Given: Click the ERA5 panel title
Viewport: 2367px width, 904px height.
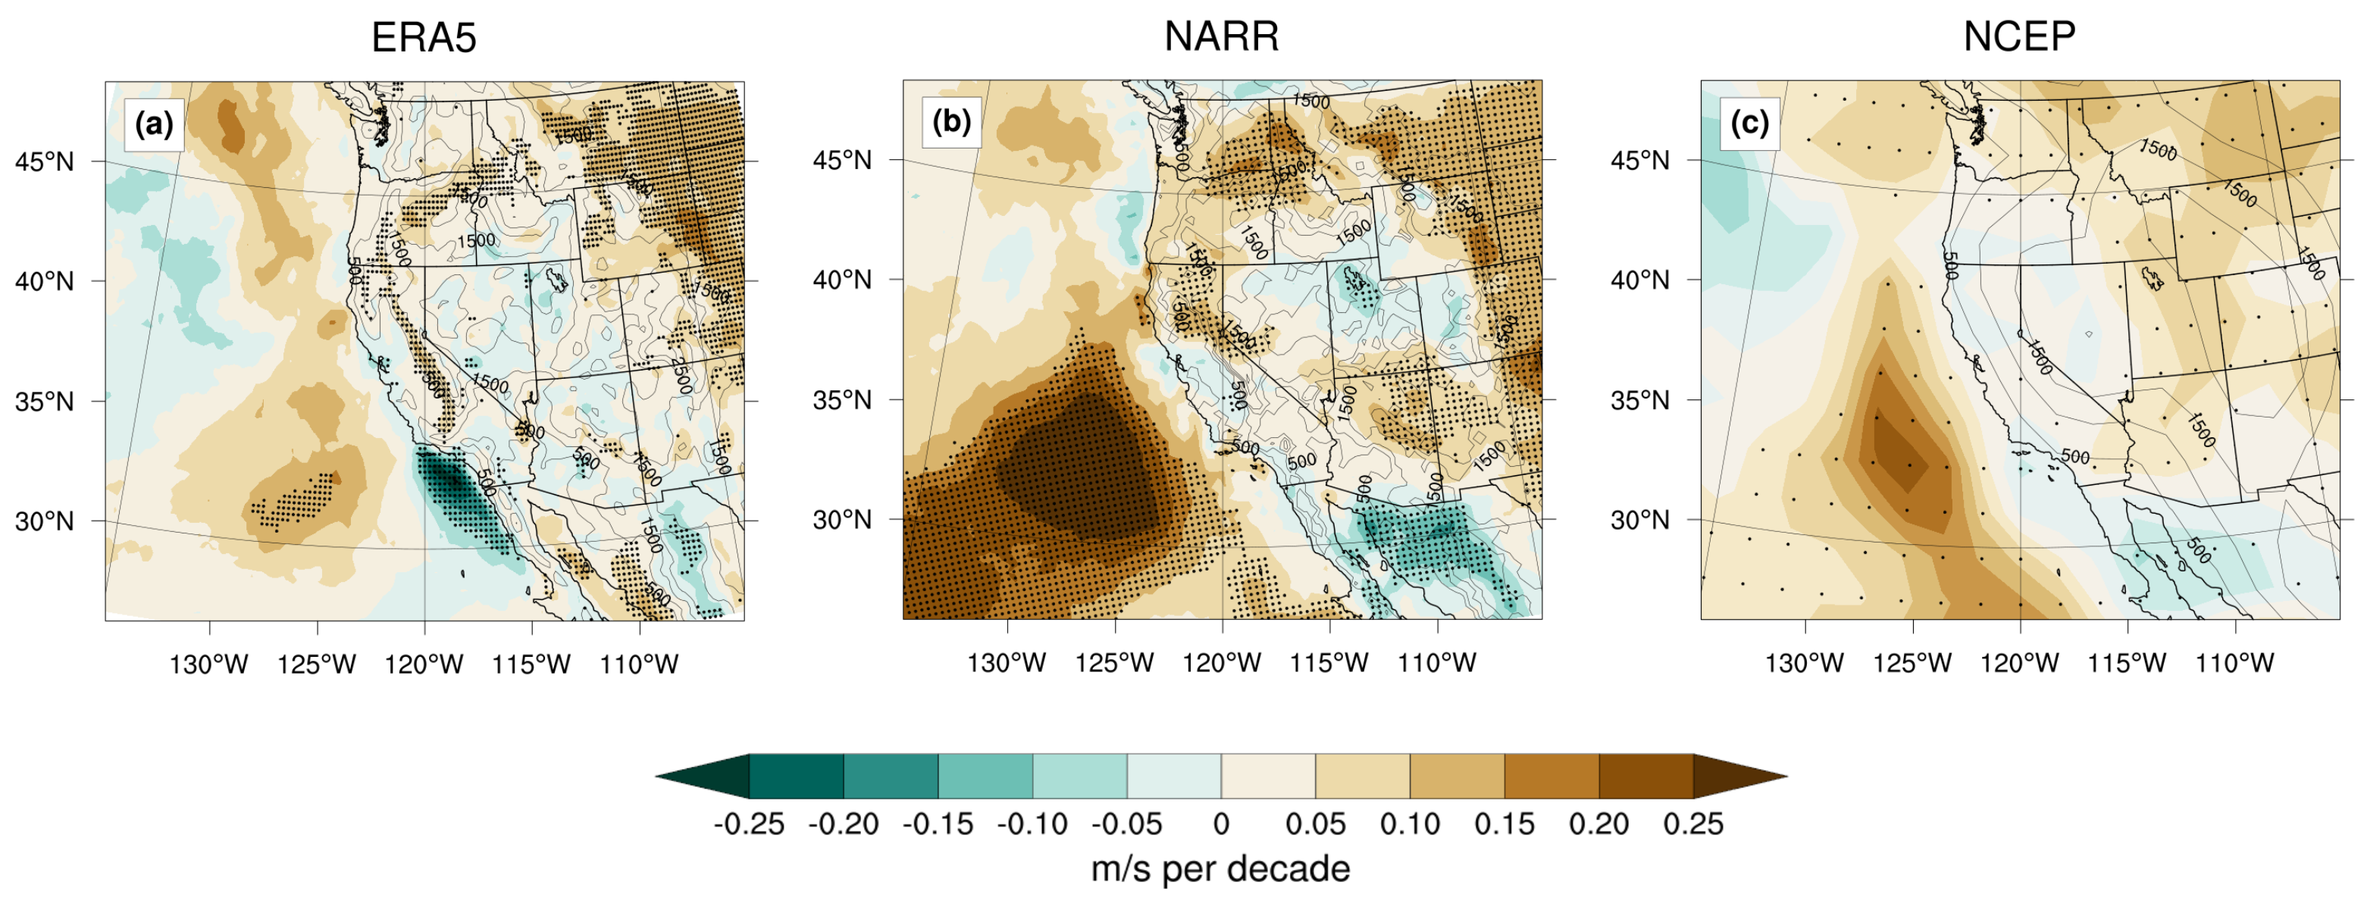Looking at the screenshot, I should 424,38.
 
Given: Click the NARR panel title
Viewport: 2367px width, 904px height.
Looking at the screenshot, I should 1221,36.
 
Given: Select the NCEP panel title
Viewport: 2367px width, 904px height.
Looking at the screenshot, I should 2019,36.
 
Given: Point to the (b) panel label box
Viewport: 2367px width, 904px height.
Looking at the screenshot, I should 952,122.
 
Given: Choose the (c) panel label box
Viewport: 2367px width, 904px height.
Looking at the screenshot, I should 1749,122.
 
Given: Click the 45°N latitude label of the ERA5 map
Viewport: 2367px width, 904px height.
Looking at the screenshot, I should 44,161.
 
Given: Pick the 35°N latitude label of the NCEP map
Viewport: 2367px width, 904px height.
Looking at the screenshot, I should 1639,401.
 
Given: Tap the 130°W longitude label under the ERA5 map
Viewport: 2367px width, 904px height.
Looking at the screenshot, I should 208,665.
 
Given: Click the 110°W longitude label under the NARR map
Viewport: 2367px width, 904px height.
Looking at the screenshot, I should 1436,662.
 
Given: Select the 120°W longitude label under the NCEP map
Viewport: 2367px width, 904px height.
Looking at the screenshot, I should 2019,662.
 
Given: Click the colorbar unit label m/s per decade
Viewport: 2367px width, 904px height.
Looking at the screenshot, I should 1220,869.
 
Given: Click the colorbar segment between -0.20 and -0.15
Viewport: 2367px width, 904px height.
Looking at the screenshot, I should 891,776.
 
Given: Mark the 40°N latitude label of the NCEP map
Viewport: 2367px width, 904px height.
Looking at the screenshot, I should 1639,280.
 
